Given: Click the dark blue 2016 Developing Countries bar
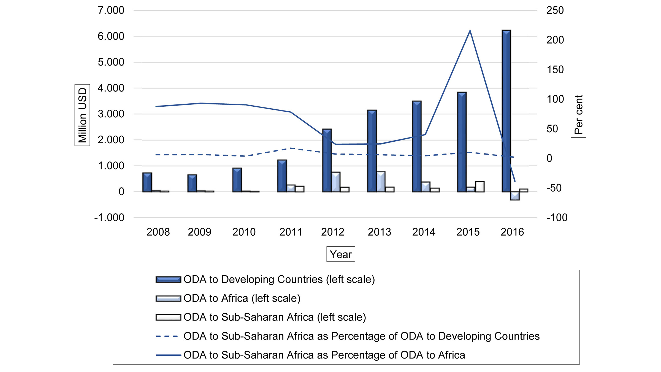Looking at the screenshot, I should click(506, 110).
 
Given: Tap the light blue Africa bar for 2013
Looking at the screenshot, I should click(381, 182).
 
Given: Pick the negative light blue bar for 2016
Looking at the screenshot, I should click(515, 196).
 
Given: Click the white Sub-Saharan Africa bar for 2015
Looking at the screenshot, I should click(480, 187).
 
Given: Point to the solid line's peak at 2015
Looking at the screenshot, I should click(470, 31).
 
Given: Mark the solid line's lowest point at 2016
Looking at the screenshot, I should click(515, 181).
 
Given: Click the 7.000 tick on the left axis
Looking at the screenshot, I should click(111, 10).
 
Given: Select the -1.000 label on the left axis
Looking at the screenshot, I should click(109, 218).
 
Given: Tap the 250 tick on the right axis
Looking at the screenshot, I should click(555, 10).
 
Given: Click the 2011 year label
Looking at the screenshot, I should click(291, 232).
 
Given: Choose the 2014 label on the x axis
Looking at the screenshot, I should click(424, 232).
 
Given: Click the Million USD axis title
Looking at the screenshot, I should click(82, 115).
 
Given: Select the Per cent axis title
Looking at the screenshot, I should click(578, 115).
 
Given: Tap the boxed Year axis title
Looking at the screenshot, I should click(341, 254).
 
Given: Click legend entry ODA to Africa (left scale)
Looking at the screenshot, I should click(242, 298).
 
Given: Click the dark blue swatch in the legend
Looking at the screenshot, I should click(168, 280).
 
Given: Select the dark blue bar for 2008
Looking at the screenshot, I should click(147, 182).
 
